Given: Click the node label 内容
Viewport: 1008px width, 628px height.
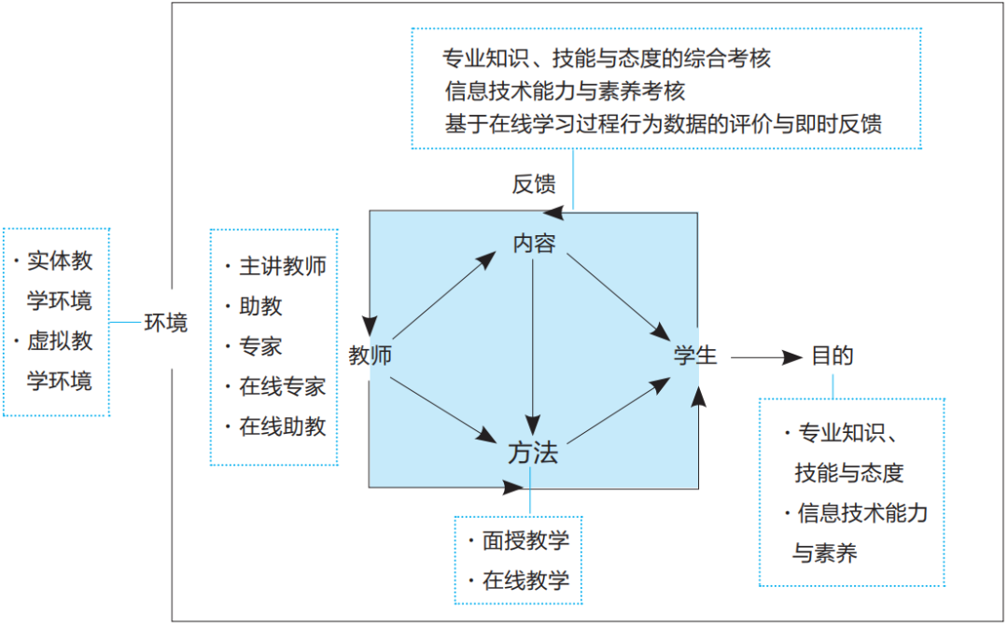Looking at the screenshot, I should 534,244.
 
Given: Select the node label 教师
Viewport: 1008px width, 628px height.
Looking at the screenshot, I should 370,356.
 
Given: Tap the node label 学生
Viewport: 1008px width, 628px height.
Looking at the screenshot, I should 696,356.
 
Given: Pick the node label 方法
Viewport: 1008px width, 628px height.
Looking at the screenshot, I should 533,454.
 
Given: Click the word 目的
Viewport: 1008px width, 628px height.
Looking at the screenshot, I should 832,356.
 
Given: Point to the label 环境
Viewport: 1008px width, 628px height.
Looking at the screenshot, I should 165,323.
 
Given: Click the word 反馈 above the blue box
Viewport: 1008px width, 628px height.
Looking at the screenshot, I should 533,184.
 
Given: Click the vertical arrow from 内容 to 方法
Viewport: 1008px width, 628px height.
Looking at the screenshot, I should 532,345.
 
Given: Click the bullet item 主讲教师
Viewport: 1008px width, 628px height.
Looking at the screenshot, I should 283,266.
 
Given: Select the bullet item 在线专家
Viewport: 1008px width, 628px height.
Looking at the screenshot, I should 283,386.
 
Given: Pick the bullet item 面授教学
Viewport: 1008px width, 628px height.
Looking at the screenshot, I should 525,540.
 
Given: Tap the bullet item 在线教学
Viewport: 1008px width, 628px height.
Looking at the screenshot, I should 525,580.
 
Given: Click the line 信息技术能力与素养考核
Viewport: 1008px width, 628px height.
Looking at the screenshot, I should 566,91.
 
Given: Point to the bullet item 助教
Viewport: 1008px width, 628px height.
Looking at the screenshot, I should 260,306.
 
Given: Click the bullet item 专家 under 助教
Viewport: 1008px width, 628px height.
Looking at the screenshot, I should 260,346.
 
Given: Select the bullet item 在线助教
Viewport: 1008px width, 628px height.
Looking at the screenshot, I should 283,426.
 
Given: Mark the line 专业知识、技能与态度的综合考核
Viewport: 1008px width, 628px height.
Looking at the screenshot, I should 608,58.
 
